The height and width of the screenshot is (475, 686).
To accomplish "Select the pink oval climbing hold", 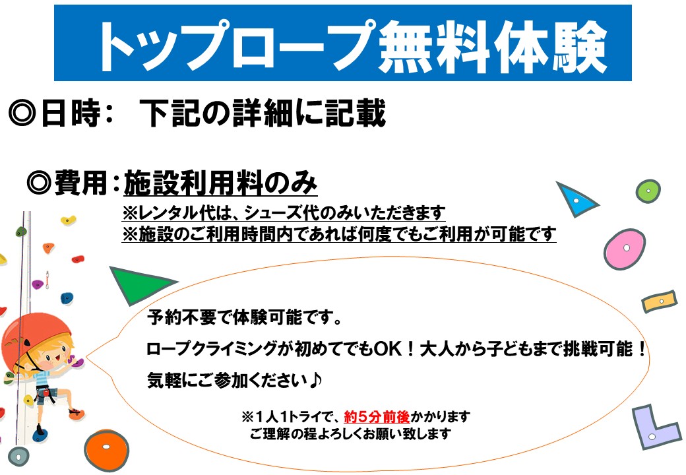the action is point(624,249).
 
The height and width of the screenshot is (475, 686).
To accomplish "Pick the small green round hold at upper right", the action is point(648,191).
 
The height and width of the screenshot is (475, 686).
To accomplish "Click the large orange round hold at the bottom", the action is point(106,450).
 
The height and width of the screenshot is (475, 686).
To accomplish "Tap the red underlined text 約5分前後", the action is point(377,416).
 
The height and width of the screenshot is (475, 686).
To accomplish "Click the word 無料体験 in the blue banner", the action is point(493,47).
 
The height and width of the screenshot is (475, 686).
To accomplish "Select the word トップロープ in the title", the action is point(237,46).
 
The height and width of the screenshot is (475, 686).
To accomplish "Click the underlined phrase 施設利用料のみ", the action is point(220,183).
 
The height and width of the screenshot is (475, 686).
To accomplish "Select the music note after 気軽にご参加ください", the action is point(315,380).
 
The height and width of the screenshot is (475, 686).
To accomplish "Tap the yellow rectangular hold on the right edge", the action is point(660,301).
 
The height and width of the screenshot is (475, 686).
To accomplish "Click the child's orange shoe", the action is point(76,413).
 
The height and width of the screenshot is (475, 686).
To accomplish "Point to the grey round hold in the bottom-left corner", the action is point(19,457).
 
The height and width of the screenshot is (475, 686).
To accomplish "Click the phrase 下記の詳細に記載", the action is point(263,113).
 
